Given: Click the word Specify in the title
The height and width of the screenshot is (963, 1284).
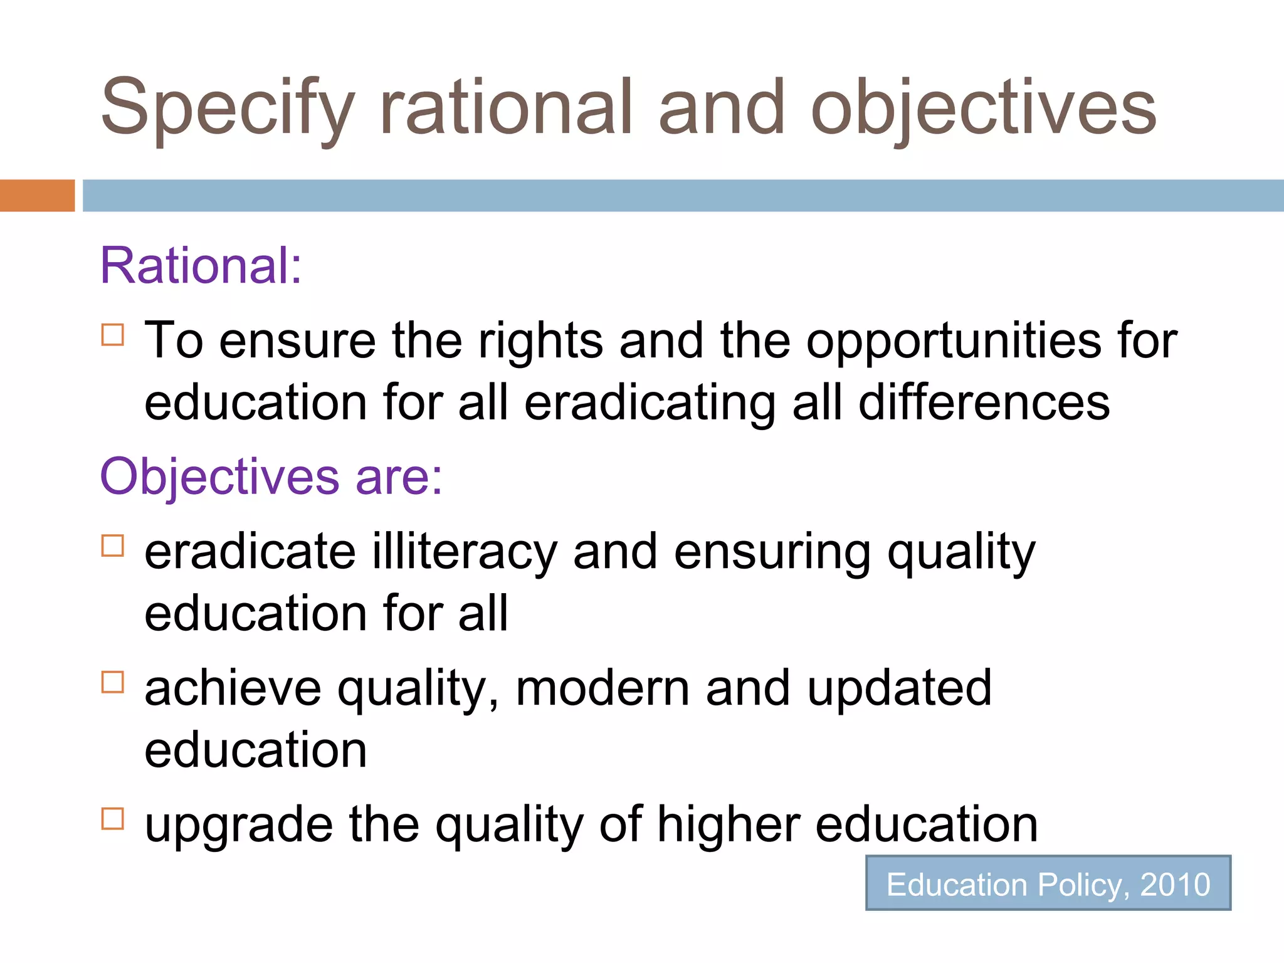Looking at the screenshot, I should pos(228,108).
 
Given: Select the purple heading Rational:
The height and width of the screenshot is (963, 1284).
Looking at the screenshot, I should pos(201,266).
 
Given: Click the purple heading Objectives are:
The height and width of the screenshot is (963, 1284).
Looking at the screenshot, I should pos(271,477).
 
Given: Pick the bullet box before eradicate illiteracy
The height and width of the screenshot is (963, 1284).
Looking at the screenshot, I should pos(113,545).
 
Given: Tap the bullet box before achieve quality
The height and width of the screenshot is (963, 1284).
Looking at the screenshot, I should pos(113,681).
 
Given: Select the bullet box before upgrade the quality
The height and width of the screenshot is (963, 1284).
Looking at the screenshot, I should pos(113,818).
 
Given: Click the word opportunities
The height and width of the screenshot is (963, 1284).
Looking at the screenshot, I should pos(953,342).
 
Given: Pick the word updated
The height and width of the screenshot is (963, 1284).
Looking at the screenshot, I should pos(899,688).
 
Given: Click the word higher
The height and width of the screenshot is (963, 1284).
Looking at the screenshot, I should pos(729,824).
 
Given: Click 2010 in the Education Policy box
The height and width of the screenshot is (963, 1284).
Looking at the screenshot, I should pos(1175,885).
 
